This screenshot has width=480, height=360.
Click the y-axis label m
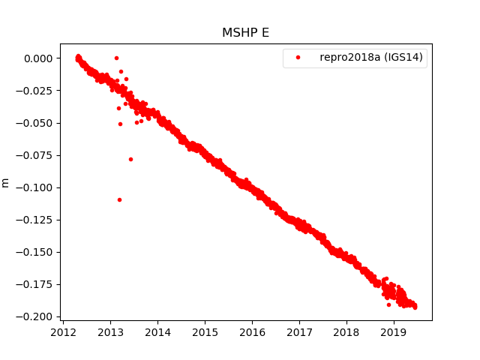[6, 182]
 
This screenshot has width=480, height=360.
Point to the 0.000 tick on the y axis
[38, 58]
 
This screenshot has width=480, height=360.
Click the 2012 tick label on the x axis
[63, 331]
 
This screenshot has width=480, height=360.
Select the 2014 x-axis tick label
[157, 331]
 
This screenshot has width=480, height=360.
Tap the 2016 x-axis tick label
[252, 331]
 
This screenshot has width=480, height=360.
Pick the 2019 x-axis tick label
[394, 331]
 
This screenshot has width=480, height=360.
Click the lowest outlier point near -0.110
[119, 199]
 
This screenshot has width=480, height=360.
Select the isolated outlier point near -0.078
[130, 159]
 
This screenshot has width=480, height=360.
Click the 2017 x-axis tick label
[299, 331]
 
